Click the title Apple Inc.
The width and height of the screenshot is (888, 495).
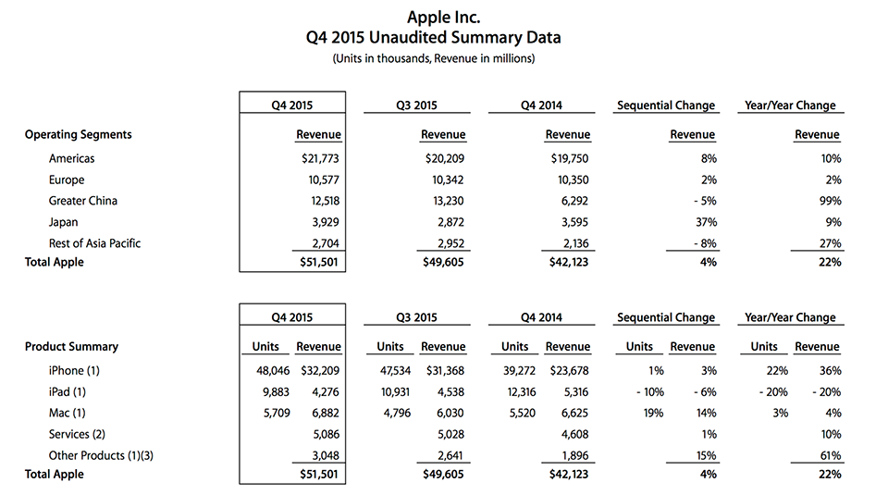click(443, 17)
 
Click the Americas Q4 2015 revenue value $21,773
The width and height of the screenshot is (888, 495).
click(320, 158)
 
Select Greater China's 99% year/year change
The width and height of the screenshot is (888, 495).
click(830, 201)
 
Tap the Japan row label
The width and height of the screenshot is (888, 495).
click(63, 223)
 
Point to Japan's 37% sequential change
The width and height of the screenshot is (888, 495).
click(706, 222)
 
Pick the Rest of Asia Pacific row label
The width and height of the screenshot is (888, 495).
click(94, 243)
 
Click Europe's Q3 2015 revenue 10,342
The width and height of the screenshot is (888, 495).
click(448, 180)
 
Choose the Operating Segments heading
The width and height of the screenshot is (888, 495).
click(78, 135)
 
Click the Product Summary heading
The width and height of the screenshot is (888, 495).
click(71, 347)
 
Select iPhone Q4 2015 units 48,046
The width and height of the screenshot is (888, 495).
click(273, 371)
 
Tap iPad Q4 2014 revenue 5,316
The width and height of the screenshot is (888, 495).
click(574, 392)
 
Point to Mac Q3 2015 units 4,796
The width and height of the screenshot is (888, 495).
click(397, 414)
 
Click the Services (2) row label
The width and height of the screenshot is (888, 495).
click(77, 435)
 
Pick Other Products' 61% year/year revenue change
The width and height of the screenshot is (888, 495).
click(831, 456)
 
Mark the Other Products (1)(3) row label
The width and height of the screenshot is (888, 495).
click(101, 456)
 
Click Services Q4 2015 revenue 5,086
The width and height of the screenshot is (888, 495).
click(327, 435)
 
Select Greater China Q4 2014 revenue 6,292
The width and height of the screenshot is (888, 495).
click(574, 201)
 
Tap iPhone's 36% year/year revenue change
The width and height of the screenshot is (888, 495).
click(831, 371)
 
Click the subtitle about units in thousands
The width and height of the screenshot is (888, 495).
click(434, 58)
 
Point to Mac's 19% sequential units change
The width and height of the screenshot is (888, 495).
click(653, 414)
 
